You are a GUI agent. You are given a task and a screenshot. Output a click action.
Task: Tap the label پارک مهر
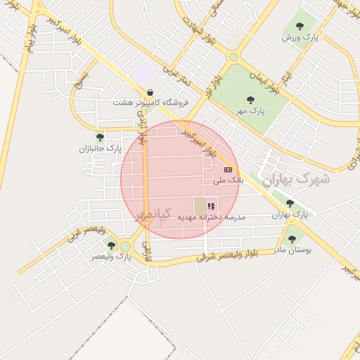(251, 111)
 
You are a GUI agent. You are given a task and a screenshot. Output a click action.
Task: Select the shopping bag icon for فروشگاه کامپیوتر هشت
(150, 91)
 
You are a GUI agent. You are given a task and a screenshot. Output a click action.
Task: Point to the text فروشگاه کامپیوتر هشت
(148, 103)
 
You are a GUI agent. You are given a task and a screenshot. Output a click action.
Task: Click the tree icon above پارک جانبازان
(99, 137)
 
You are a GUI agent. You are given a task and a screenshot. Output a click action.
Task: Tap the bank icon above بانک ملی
(228, 169)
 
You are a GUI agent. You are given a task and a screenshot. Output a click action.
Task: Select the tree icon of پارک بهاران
(290, 202)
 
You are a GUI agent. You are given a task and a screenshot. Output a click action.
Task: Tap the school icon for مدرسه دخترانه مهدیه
(211, 206)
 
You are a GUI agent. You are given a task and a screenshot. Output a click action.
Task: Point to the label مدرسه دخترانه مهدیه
(211, 217)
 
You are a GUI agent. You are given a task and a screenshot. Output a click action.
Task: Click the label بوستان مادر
(291, 249)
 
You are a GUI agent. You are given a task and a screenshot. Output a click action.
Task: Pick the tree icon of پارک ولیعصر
(110, 245)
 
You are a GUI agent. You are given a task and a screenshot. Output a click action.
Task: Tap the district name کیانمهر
(151, 212)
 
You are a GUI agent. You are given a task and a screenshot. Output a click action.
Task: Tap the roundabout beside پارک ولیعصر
(125, 246)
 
